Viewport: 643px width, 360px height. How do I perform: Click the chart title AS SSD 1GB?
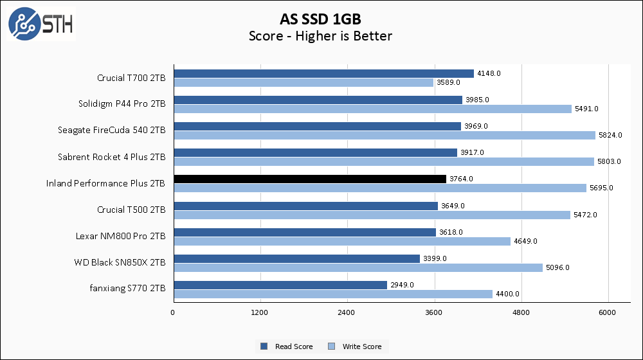click(320, 18)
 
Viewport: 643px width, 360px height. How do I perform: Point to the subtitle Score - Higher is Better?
click(320, 36)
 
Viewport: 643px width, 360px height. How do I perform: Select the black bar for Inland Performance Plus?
click(309, 179)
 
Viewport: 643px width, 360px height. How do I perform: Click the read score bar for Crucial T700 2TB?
click(323, 73)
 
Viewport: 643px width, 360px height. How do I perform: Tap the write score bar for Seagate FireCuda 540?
click(384, 135)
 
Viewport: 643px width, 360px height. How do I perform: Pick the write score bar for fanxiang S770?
click(332, 294)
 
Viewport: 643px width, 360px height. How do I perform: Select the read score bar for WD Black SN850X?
click(296, 258)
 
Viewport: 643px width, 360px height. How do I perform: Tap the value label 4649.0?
click(526, 241)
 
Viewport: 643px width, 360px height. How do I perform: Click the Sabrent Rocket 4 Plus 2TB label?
click(112, 157)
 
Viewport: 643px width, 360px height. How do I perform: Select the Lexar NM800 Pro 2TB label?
click(120, 237)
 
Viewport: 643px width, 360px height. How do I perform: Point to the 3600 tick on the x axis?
click(435, 312)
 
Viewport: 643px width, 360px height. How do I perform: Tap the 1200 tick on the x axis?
click(260, 312)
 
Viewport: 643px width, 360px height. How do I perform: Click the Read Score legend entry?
click(287, 346)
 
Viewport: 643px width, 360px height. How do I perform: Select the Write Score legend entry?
click(355, 346)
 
